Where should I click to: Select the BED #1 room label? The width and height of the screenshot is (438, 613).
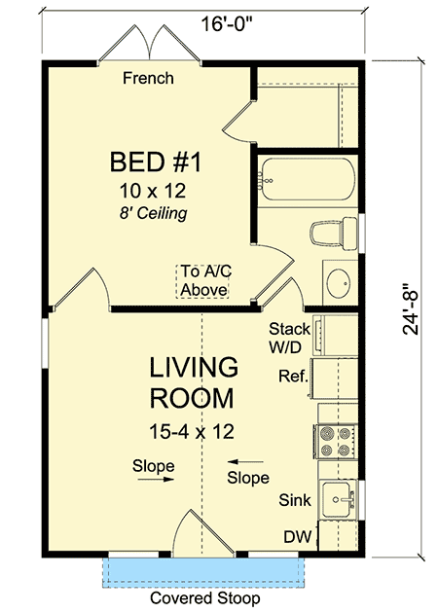[x=148, y=160]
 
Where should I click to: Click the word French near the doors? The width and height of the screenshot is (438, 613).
[x=148, y=78]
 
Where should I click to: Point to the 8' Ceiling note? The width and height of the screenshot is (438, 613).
[x=149, y=209]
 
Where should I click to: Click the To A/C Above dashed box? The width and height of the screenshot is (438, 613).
[x=202, y=280]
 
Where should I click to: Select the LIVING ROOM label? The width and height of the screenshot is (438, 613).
[x=193, y=382]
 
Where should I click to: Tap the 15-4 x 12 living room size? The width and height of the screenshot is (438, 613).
[x=192, y=428]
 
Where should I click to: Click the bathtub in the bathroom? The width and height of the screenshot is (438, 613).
[x=306, y=181]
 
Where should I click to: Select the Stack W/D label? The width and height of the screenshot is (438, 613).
[x=289, y=338]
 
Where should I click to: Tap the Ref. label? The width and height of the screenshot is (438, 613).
[x=293, y=376]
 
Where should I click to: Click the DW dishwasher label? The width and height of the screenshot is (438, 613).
[x=297, y=536]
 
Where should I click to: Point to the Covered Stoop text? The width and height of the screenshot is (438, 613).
[x=203, y=598]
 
